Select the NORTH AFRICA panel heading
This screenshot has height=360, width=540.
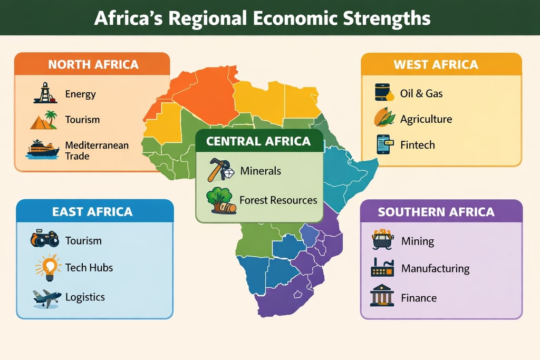click(x=93, y=64)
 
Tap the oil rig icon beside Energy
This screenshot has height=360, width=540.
click(x=45, y=93)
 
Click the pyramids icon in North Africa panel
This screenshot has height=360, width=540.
click(x=44, y=120)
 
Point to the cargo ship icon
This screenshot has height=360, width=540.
click(x=43, y=150)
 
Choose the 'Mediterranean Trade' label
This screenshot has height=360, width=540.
click(x=97, y=150)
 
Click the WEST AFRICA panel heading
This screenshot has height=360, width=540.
click(x=436, y=64)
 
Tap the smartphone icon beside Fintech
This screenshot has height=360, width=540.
click(x=383, y=144)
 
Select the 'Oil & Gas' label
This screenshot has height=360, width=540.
click(x=421, y=93)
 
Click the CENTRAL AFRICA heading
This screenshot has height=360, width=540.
click(x=258, y=141)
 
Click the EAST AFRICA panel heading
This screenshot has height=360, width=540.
click(x=92, y=212)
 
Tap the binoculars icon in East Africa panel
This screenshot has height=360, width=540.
click(x=44, y=239)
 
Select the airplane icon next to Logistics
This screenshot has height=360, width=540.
click(x=46, y=298)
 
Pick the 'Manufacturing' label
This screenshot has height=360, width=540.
click(x=435, y=268)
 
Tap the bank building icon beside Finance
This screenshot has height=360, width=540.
click(x=382, y=296)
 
